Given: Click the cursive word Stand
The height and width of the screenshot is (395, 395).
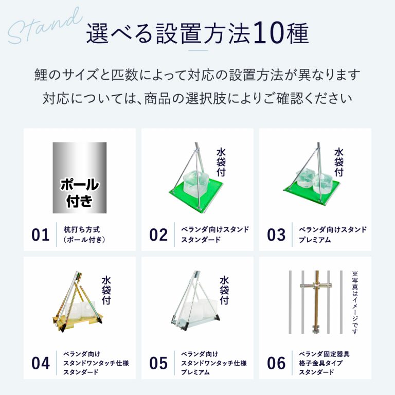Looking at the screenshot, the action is point(45,26).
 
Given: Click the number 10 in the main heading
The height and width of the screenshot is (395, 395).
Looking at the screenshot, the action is point(269,33).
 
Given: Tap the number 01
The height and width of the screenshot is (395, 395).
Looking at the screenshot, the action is point(40,235).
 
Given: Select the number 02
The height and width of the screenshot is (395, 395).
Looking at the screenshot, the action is point(158,235).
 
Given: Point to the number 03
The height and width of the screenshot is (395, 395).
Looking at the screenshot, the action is point(276,235).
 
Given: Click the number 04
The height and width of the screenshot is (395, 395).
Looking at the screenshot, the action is point(40,363).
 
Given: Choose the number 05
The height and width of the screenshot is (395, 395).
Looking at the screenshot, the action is point(158,363).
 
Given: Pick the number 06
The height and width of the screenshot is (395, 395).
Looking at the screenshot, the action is point(276,363).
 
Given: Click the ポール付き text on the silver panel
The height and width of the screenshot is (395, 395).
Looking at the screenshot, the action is point(80,192).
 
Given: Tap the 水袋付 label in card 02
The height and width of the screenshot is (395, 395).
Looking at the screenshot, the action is point(221,163).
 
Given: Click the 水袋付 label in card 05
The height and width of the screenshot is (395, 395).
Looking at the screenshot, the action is point(224,291).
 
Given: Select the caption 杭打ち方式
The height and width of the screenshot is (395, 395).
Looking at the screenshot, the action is point(82,229).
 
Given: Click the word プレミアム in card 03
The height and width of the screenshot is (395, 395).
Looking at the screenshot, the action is point(315,240).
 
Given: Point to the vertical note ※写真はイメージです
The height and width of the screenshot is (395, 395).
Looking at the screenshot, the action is point(355,302).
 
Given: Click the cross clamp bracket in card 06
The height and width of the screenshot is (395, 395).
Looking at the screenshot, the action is point(316,285).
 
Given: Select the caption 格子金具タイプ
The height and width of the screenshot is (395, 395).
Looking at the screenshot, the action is point(320,363).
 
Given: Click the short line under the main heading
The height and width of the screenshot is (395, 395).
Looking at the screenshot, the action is point(198,50).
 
